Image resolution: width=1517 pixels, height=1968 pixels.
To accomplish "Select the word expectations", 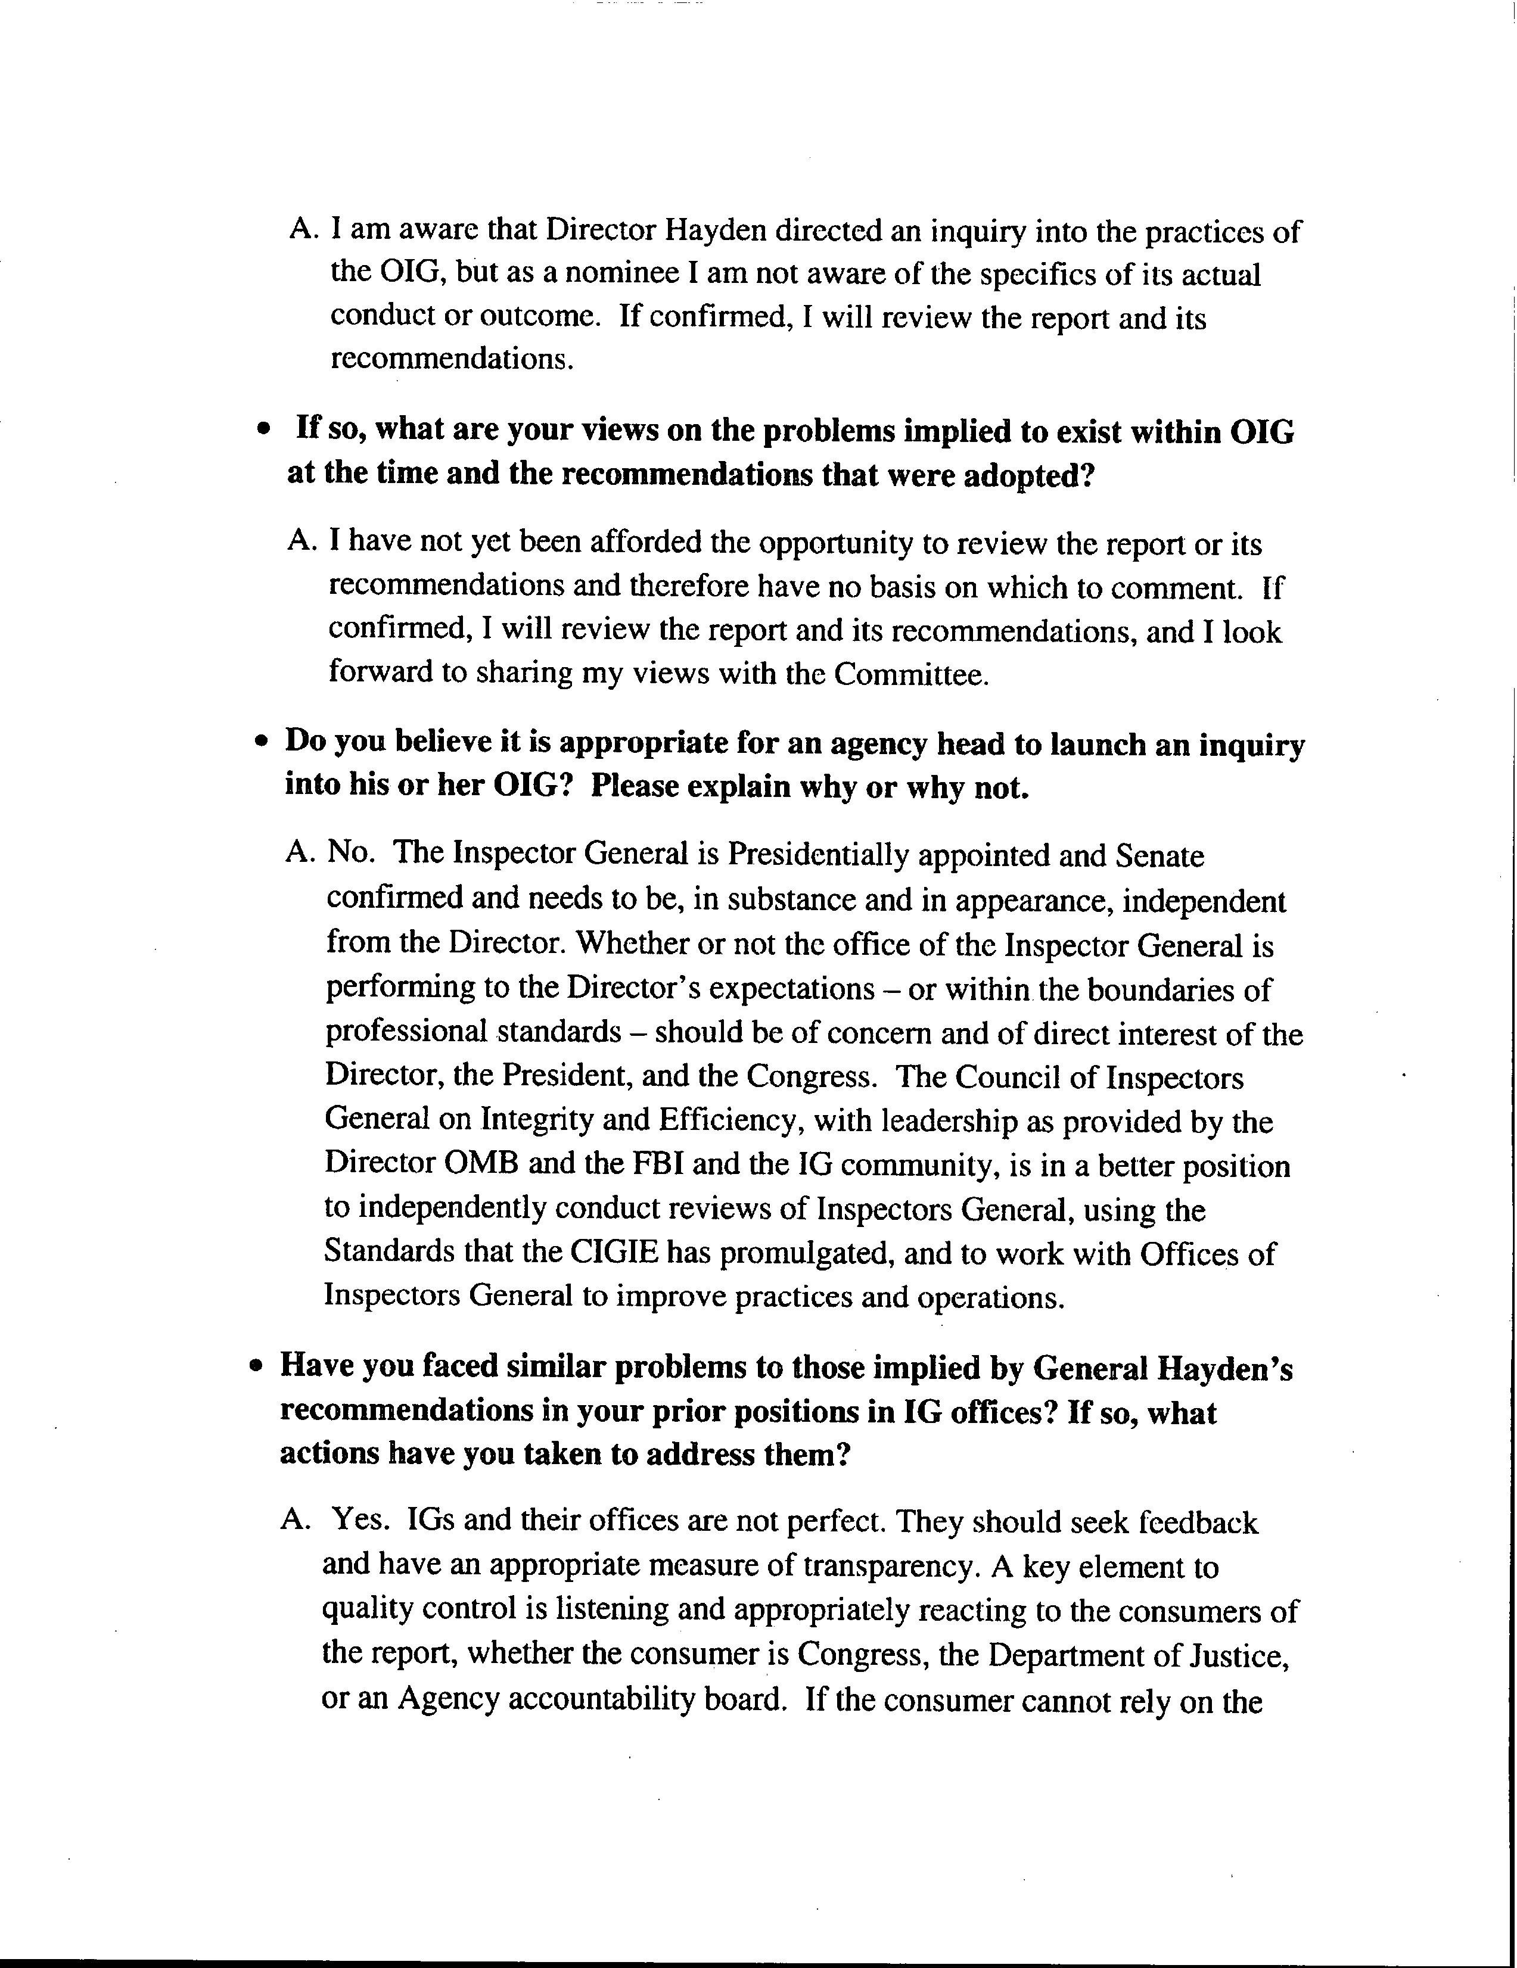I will (791, 989).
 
